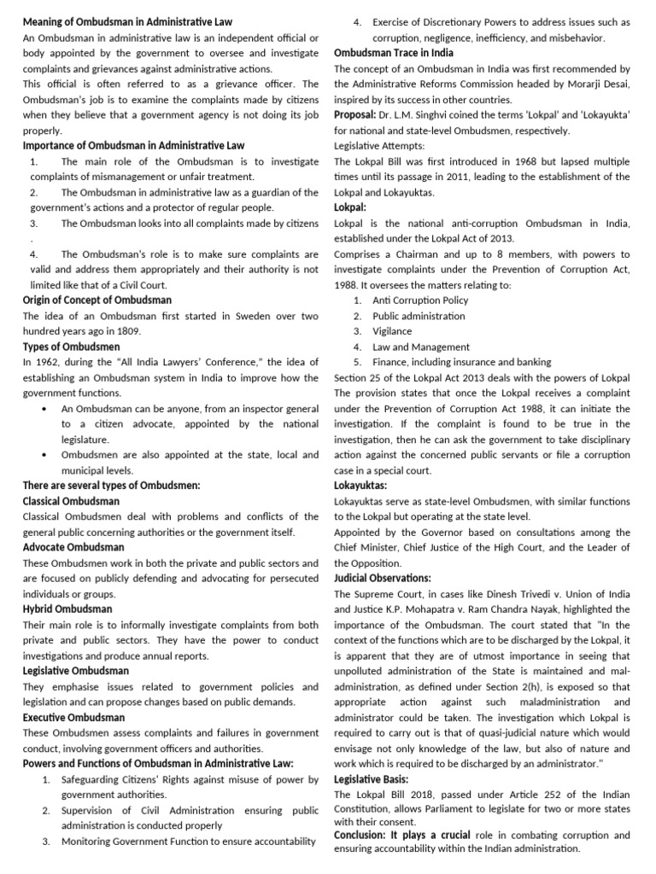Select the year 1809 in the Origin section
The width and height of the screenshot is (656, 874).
point(129,331)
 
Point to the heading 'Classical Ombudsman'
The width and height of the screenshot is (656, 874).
point(71,501)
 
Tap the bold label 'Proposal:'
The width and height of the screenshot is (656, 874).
point(354,114)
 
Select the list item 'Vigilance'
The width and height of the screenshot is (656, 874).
point(392,331)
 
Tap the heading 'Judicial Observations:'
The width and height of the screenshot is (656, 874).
point(382,578)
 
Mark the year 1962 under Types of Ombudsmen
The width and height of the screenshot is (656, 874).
point(48,362)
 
